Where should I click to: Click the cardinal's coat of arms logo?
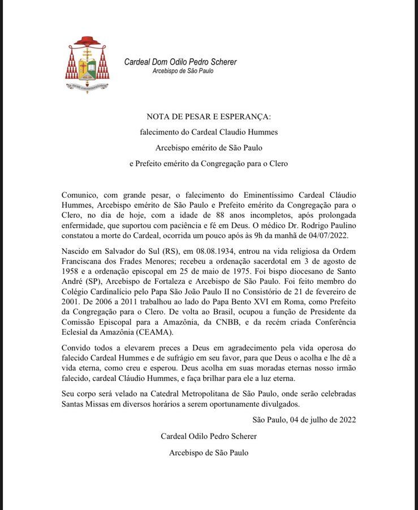click(87, 65)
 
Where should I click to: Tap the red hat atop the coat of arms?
click(87, 41)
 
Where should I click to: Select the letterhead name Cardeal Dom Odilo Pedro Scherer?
click(180, 62)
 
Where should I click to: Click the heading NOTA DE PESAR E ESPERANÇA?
click(209, 117)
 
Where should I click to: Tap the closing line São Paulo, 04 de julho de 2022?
click(304, 419)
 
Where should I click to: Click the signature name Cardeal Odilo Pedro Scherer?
click(209, 436)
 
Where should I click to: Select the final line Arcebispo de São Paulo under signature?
click(209, 452)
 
